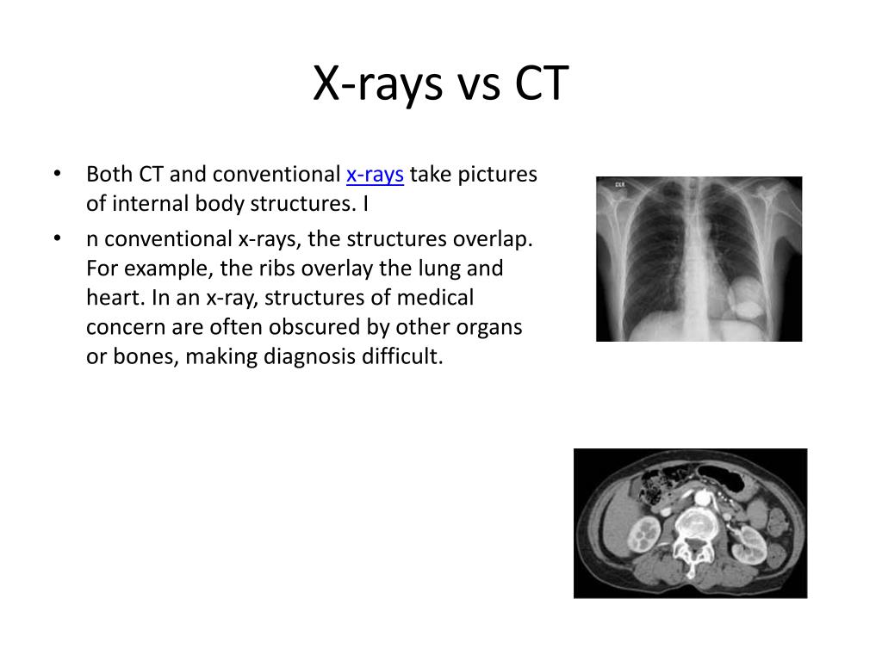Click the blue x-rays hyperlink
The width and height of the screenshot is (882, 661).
[375, 175]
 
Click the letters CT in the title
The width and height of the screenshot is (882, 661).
[542, 83]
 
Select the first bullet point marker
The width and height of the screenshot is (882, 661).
[58, 174]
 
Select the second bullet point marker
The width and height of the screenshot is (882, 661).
[58, 238]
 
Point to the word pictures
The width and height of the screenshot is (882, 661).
[497, 175]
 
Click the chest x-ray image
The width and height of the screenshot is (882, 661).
[699, 258]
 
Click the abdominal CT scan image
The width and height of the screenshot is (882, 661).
[690, 522]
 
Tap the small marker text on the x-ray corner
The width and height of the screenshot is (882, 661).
[620, 184]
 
